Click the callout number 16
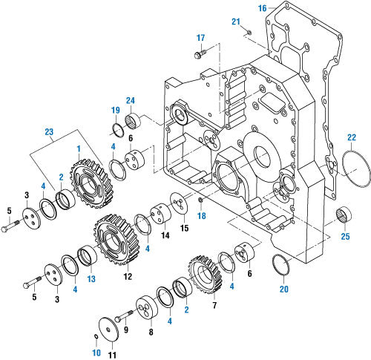click(262, 8)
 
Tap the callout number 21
click(237, 22)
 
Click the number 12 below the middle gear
click(127, 276)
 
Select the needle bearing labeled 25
click(344, 215)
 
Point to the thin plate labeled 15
click(177, 203)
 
